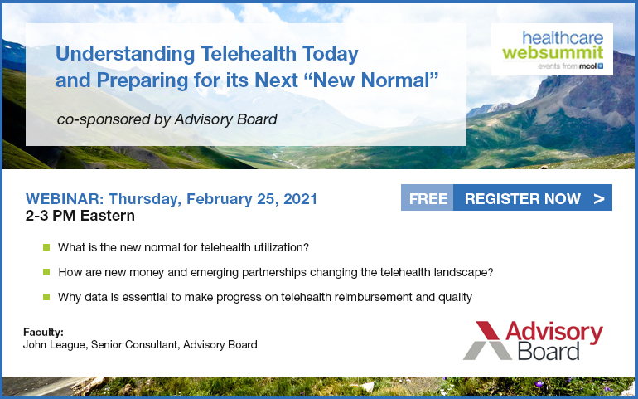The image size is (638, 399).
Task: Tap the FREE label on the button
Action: [x=428, y=198]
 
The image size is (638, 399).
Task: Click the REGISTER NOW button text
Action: [x=523, y=198]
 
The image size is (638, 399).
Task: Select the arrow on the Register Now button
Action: [x=599, y=199]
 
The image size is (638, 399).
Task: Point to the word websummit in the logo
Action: [x=553, y=52]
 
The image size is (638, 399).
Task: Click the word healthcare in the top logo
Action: [x=563, y=37]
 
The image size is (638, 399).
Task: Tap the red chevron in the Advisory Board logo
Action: [x=488, y=330]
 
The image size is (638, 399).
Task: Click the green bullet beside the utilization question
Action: [x=46, y=247]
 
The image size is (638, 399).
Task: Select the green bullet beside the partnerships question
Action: [x=46, y=272]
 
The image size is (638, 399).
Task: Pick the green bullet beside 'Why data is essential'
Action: [x=46, y=297]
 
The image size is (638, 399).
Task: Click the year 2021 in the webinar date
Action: [x=300, y=199]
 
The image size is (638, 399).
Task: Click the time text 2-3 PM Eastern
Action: [x=80, y=216]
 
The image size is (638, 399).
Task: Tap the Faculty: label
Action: [x=44, y=332]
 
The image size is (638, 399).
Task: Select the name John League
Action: [x=54, y=345]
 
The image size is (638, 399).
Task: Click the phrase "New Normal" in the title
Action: [x=371, y=80]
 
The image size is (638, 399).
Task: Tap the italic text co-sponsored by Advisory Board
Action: [x=167, y=119]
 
